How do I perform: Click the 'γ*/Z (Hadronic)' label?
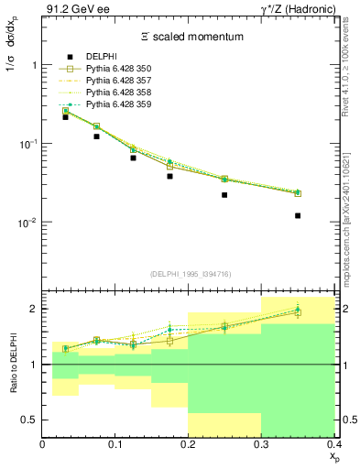296,9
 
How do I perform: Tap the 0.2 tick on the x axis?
189,444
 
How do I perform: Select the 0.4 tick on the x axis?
333,444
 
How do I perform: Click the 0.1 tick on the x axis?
115,444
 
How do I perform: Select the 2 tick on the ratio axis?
34,309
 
